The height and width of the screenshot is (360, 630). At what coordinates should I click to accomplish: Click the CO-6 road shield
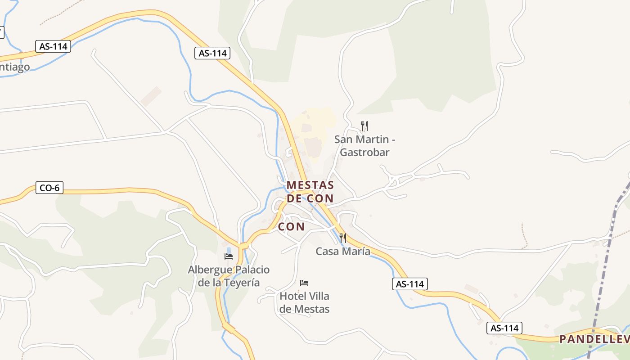pos(49,188)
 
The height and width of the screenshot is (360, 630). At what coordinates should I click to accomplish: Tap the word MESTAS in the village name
pos(310,185)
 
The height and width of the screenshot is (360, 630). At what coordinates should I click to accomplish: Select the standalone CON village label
pos(291,226)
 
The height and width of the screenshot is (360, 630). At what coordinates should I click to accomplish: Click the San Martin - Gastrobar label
pos(364,145)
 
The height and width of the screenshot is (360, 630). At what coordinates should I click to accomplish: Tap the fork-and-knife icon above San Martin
pos(364,126)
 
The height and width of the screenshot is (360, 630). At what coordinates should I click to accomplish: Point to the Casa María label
pos(343,251)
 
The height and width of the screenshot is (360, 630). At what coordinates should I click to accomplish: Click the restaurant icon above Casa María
pos(343,238)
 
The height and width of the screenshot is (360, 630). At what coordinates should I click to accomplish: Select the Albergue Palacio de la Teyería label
pos(229,276)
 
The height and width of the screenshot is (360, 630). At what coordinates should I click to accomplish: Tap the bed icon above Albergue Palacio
pos(229,256)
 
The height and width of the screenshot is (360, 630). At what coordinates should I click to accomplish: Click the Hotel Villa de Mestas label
pos(304,302)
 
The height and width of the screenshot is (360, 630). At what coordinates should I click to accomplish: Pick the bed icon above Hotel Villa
pos(304,283)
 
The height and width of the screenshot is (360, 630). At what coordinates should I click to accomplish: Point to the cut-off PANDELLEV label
pos(594,339)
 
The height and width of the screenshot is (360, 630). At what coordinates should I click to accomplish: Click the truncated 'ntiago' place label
pos(15,67)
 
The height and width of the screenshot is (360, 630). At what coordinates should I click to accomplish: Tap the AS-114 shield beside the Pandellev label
pos(504,328)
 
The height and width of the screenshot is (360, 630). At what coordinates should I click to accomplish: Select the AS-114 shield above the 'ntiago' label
pos(53,46)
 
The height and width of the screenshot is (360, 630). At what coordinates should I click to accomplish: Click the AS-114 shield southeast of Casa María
pos(409,284)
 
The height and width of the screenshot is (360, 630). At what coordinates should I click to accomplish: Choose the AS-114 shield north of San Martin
pos(212,53)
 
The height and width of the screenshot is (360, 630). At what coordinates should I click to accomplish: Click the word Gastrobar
pos(364,152)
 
